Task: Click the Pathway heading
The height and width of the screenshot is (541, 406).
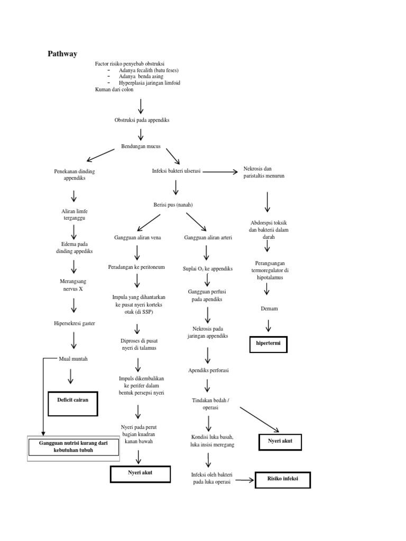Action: coord(62,54)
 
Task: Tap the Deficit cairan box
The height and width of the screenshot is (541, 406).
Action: coord(73,400)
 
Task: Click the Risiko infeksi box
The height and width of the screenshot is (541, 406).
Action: coord(283,480)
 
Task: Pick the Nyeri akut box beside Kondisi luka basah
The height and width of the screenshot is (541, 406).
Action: coord(280,441)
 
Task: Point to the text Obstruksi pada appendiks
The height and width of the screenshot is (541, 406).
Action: coord(142,120)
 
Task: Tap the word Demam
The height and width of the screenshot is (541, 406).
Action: coord(269,308)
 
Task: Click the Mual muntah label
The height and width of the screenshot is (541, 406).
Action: coord(73,359)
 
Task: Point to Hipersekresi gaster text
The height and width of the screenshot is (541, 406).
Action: coord(74,323)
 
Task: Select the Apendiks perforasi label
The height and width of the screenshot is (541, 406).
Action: coord(208,370)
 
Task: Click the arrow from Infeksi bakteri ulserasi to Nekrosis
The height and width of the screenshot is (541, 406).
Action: coord(220,172)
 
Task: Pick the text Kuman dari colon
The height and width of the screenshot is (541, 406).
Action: coord(114,90)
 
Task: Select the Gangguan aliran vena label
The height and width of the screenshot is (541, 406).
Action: coord(137,238)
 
